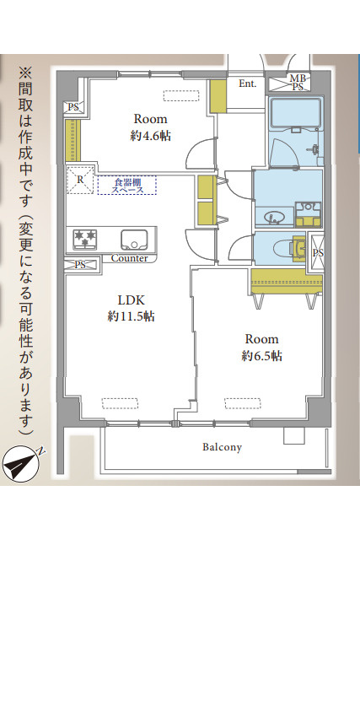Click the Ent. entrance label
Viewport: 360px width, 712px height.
pyautogui.click(x=247, y=84)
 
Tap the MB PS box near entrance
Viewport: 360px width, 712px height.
pyautogui.click(x=298, y=82)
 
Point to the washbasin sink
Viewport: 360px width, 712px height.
pyautogui.click(x=274, y=218)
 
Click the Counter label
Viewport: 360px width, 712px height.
pyautogui.click(x=129, y=258)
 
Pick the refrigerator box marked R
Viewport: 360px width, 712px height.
pyautogui.click(x=80, y=181)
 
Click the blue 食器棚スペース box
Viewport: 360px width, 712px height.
pyautogui.click(x=126, y=185)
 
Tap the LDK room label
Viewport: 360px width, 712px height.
pyautogui.click(x=131, y=300)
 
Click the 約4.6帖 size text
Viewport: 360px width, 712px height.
pyautogui.click(x=150, y=135)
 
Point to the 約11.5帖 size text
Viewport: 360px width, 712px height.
pyautogui.click(x=131, y=316)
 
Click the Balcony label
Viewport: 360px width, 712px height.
pyautogui.click(x=222, y=447)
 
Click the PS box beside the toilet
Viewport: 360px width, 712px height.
pyautogui.click(x=316, y=252)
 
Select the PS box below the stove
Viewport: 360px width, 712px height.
pyautogui.click(x=80, y=265)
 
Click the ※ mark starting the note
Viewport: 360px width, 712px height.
pyautogui.click(x=24, y=73)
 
